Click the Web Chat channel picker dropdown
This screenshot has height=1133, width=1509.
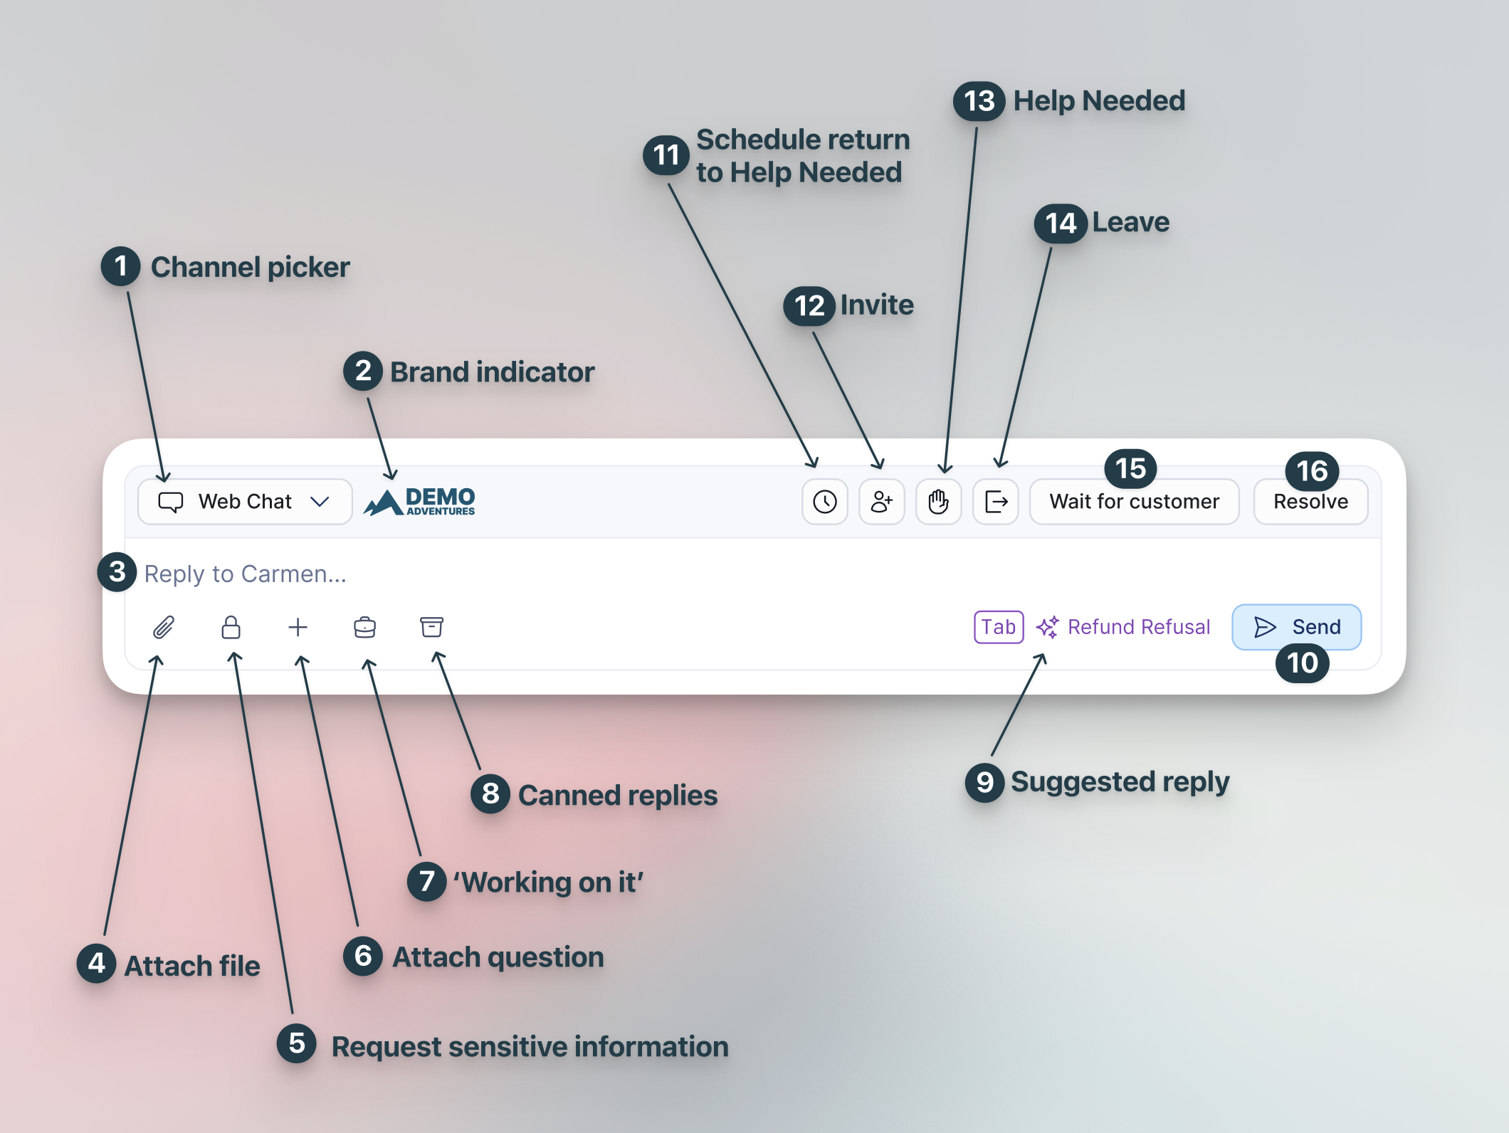click(245, 502)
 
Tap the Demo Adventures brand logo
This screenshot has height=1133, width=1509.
click(419, 502)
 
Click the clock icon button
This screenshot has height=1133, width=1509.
click(825, 502)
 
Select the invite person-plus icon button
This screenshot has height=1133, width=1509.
click(882, 502)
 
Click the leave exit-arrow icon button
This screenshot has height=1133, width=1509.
click(996, 502)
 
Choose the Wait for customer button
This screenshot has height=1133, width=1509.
click(1135, 502)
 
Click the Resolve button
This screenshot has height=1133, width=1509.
click(1311, 502)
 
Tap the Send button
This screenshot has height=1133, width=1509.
click(1297, 627)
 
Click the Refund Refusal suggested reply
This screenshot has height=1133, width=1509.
click(1123, 627)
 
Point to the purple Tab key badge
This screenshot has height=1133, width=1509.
click(999, 627)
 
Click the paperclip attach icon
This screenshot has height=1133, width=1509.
click(164, 627)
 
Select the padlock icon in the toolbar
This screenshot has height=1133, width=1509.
click(231, 627)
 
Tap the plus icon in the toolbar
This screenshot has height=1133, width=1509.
click(298, 627)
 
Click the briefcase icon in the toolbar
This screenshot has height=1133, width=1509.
click(364, 627)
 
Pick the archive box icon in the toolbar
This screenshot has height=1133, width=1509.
click(431, 627)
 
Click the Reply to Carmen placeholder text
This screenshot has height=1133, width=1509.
click(246, 574)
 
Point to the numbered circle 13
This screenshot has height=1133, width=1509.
click(979, 101)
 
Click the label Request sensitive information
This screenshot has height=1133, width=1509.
click(530, 1047)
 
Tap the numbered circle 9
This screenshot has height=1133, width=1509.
click(985, 782)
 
